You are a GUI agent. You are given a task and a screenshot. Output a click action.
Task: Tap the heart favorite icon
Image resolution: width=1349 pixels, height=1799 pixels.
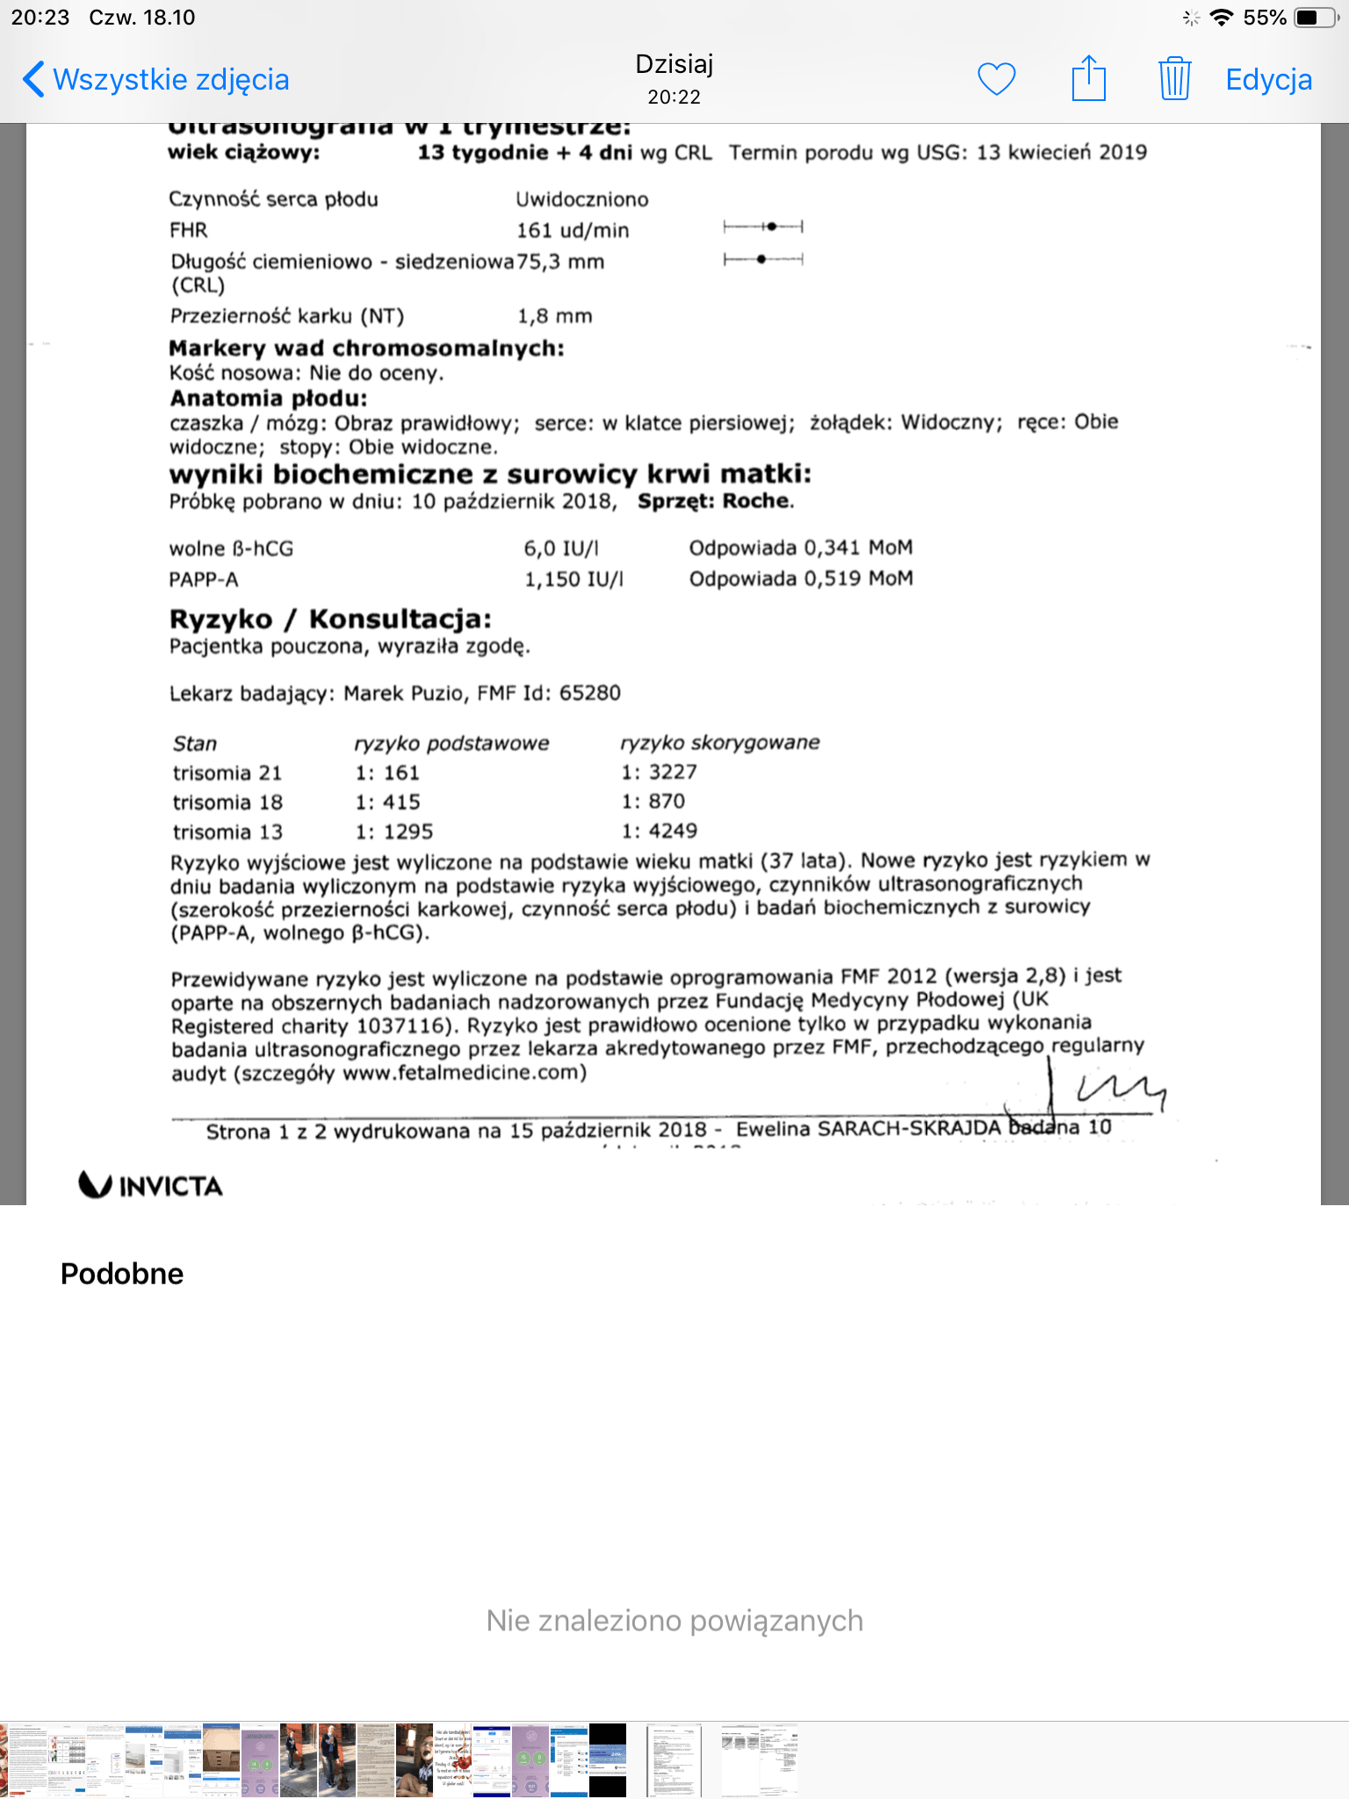coord(997,79)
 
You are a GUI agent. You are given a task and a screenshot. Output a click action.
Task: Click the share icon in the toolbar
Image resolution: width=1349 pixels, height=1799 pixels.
coord(1088,79)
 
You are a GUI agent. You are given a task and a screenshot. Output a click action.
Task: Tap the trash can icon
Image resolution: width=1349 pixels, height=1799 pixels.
coord(1174,79)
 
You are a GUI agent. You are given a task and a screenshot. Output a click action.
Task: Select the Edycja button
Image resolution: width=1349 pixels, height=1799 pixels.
coord(1268,80)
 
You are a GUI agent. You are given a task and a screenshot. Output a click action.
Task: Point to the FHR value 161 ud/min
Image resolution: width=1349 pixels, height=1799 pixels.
coord(573,231)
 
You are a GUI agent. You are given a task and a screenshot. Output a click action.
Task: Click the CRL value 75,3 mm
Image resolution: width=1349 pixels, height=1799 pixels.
coord(561,262)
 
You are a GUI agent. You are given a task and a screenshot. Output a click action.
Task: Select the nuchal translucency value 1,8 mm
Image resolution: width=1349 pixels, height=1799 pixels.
coord(554,316)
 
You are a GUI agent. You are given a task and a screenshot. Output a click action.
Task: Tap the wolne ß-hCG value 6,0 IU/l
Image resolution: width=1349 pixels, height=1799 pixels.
coord(561,549)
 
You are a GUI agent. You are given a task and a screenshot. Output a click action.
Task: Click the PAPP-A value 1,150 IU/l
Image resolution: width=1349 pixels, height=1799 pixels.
coord(574,580)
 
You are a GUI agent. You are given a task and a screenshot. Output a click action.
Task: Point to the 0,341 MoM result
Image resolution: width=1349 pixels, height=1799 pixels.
coord(800,548)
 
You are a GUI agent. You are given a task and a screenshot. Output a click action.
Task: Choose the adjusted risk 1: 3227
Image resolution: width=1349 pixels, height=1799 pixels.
coord(659,772)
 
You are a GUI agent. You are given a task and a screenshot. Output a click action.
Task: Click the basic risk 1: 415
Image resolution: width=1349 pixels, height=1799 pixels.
coord(387,802)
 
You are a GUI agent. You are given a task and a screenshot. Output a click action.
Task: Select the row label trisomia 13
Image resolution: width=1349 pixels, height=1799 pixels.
coord(227,832)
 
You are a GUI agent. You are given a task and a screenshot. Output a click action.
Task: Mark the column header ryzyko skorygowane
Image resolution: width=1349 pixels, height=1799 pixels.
coord(719,742)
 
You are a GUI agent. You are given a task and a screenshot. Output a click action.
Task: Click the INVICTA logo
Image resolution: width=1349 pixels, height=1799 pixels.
coord(151,1186)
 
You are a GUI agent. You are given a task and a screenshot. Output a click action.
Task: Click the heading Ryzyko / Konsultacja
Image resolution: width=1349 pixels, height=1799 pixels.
coord(330,619)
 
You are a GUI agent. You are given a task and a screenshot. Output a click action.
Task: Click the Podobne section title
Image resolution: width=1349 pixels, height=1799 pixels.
coord(122,1274)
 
